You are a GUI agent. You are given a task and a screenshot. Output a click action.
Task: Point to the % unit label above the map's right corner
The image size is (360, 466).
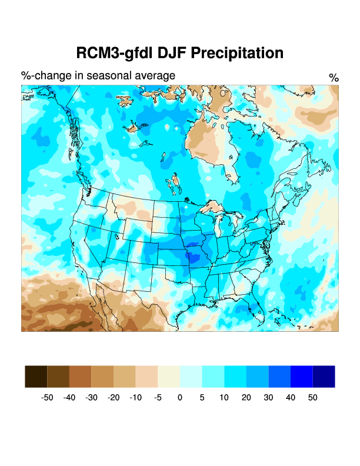pyautogui.click(x=334, y=78)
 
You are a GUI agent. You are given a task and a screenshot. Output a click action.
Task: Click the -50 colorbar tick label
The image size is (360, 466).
pyautogui.click(x=47, y=398)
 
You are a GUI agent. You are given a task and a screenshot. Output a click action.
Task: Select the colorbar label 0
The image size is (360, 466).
pyautogui.click(x=180, y=398)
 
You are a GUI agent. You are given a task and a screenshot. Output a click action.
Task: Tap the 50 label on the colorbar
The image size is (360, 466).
pyautogui.click(x=312, y=398)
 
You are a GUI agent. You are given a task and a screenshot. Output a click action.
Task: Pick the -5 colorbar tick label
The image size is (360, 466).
pyautogui.click(x=158, y=398)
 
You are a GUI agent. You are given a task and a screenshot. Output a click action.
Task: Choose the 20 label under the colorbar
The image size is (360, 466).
pyautogui.click(x=246, y=398)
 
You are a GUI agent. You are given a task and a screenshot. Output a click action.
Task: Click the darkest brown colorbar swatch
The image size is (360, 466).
pyautogui.click(x=36, y=377)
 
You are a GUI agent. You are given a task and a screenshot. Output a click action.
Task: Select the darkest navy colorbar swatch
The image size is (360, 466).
pyautogui.click(x=324, y=377)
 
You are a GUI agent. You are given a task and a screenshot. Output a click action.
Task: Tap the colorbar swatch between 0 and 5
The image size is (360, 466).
pyautogui.click(x=191, y=377)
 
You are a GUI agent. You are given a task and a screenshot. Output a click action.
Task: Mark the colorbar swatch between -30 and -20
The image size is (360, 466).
pyautogui.click(x=102, y=377)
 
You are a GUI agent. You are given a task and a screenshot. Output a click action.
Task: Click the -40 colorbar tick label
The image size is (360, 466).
pyautogui.click(x=69, y=398)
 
